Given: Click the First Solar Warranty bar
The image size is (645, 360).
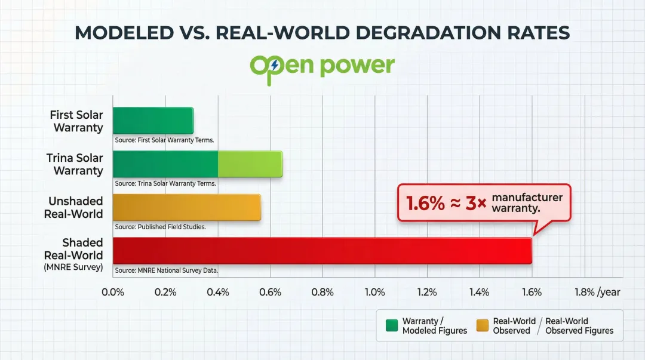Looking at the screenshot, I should [153, 121].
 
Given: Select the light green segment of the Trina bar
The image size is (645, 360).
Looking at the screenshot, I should [250, 164].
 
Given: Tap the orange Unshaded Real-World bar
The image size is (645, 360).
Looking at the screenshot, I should [186, 207].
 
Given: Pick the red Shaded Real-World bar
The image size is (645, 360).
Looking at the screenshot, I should [322, 251].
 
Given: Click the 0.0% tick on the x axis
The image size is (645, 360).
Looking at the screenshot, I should [113, 292].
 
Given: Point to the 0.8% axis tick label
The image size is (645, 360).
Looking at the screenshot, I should [322, 292].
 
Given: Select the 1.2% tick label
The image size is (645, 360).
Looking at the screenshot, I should [427, 292].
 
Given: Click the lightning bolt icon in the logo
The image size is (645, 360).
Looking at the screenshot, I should [274, 65].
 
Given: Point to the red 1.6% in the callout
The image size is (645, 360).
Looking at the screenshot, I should [425, 203].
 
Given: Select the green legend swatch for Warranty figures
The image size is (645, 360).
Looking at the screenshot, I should [391, 325].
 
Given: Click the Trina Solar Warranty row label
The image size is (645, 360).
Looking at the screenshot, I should [75, 164].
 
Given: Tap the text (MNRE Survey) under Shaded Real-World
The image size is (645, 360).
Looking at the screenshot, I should [73, 267].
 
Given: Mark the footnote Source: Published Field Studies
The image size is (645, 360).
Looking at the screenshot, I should [160, 227].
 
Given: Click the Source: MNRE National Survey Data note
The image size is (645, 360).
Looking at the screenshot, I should [167, 270].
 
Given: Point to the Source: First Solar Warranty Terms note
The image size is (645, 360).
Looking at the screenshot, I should [164, 140].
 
